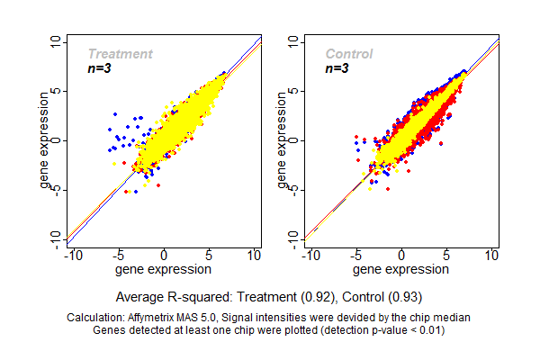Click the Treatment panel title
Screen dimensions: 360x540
pyautogui.click(x=120, y=54)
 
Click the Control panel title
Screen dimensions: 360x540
pyautogui.click(x=349, y=54)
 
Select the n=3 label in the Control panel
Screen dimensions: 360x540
pyautogui.click(x=337, y=68)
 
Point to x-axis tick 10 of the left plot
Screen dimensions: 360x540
pyautogui.click(x=255, y=256)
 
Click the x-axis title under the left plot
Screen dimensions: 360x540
pyautogui.click(x=164, y=268)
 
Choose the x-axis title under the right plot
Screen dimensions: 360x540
pyautogui.click(x=401, y=268)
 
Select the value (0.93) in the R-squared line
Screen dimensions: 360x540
pyautogui.click(x=402, y=296)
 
